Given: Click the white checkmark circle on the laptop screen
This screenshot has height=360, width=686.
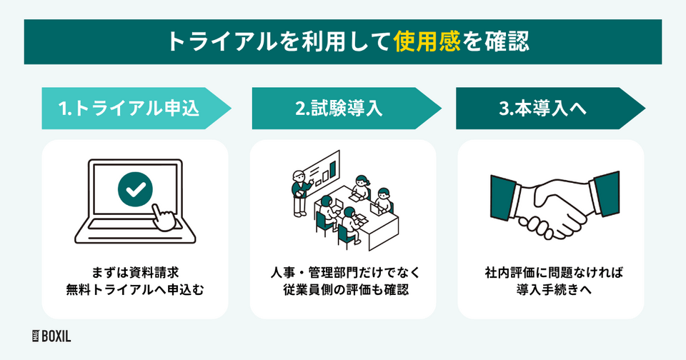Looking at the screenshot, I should click(x=135, y=190).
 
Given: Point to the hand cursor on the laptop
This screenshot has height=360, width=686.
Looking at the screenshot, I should click(x=165, y=218).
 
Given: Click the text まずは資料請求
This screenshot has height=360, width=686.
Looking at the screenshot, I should click(x=135, y=272).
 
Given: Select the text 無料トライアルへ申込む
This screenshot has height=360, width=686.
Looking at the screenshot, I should click(x=135, y=291).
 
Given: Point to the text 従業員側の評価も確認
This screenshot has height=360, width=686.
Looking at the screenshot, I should click(x=342, y=291).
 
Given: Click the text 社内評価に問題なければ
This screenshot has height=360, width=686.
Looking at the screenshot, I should click(x=550, y=272).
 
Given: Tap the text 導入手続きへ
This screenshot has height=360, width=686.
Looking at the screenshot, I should click(x=550, y=291).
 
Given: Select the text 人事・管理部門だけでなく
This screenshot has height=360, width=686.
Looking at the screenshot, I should click(x=342, y=272).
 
